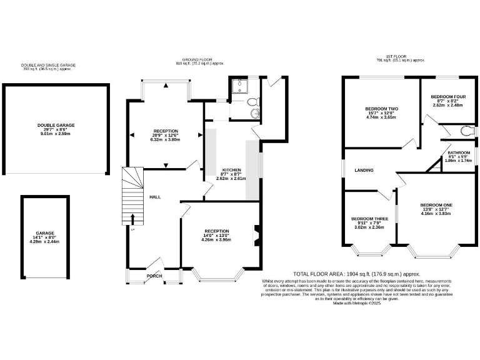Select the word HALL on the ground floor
point(155,197)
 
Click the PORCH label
point(154,276)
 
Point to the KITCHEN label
point(232,170)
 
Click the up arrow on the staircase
point(132,218)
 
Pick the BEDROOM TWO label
point(382,109)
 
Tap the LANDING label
point(364,170)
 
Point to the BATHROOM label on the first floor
point(459,152)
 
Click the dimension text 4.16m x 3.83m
point(436,214)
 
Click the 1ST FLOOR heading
point(401,57)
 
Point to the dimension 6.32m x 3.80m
point(166,140)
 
